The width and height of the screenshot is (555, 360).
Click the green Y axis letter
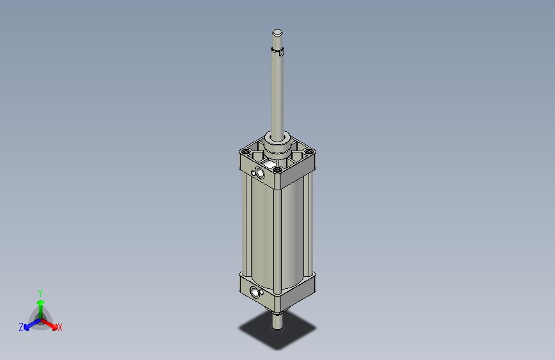tap(40, 292)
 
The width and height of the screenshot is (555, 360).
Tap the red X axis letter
tap(60, 328)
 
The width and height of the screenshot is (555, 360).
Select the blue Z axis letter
tap(21, 327)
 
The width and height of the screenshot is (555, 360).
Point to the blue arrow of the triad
tap(29, 324)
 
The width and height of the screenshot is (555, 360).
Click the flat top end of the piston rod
tap(277, 33)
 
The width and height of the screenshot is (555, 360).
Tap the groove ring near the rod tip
tap(277, 51)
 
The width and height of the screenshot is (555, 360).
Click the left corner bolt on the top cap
tap(245, 151)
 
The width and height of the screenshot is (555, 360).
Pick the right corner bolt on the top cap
tap(310, 152)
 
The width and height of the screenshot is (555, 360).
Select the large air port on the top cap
tap(261, 172)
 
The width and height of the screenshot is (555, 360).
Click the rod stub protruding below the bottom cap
tap(277, 320)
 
